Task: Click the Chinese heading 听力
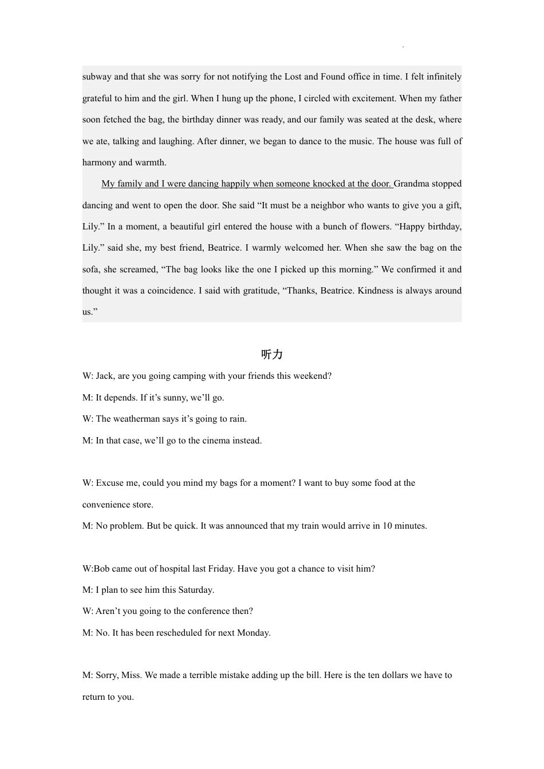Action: (271, 355)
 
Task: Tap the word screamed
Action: (140, 269)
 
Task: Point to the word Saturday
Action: (195, 590)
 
